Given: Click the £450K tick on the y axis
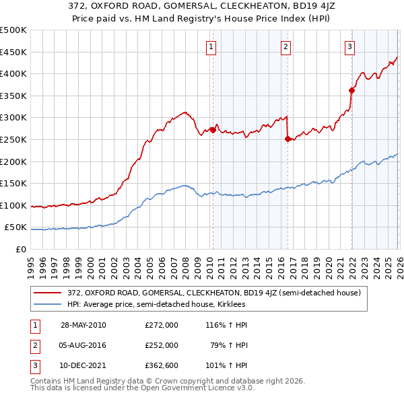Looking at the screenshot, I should (13, 52).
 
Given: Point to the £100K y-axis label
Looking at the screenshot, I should (13, 205).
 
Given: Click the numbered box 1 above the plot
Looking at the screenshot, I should (211, 46).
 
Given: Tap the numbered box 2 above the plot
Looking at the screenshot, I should (286, 46).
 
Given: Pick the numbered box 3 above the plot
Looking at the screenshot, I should (350, 46).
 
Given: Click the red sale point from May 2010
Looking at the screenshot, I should (213, 130).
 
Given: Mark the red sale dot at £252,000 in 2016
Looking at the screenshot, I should (288, 139).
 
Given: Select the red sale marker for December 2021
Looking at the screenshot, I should (351, 90).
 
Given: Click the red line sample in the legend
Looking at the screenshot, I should (48, 293).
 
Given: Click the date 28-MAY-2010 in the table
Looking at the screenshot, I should (83, 324).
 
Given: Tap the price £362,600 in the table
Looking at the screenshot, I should (162, 366).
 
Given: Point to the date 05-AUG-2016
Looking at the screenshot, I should (83, 345).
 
